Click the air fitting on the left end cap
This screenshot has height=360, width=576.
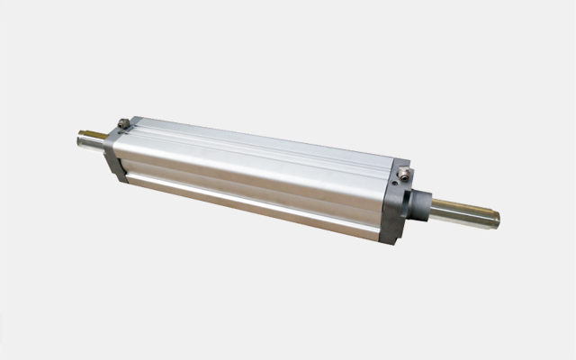point(123,123)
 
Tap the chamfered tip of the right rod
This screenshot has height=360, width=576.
point(494,217)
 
